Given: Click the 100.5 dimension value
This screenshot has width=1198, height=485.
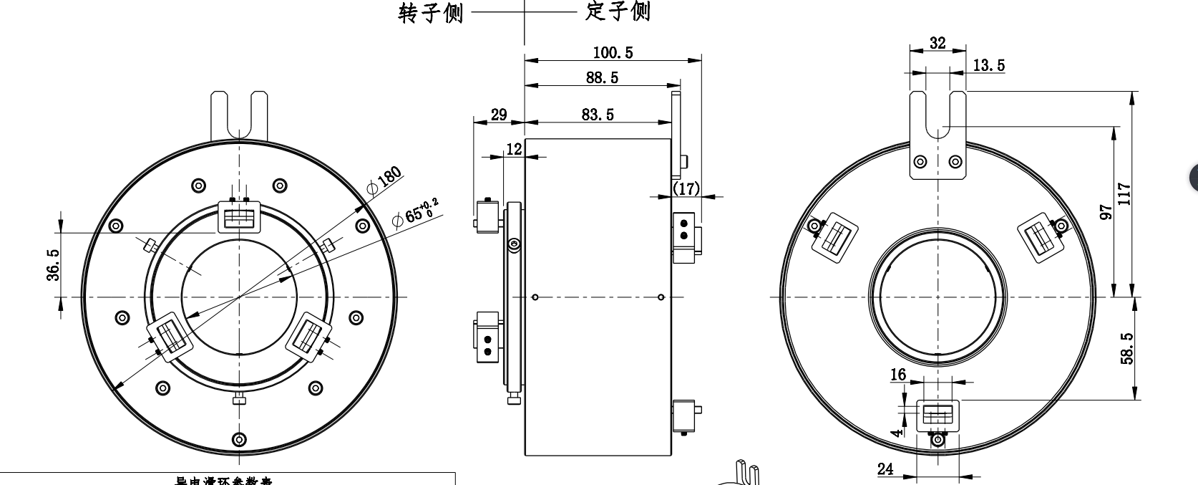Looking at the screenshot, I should click(x=613, y=52).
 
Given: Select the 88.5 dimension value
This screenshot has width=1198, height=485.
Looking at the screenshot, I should click(x=602, y=77).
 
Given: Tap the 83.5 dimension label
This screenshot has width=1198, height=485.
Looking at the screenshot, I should click(x=597, y=114).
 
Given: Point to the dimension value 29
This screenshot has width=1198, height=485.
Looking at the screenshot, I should click(x=498, y=114).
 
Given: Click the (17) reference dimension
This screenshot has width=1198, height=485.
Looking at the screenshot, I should click(x=686, y=188).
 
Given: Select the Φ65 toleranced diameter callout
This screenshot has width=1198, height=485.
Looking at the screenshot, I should click(x=414, y=212).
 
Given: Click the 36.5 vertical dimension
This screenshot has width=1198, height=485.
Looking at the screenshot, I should click(x=54, y=264).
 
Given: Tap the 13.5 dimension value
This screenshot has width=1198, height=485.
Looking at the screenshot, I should click(x=988, y=65).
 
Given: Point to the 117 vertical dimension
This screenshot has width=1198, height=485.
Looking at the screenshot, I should click(x=1124, y=193).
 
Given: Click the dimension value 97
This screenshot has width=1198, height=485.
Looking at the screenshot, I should click(x=1106, y=212).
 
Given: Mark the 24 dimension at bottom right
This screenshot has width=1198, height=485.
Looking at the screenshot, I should click(x=885, y=469).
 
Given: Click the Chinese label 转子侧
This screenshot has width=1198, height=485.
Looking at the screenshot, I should click(x=430, y=13).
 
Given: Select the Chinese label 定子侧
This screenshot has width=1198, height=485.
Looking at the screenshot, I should click(x=617, y=11).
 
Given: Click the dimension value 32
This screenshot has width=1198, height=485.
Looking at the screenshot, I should click(x=937, y=42).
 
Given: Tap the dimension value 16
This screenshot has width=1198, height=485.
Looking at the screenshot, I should click(x=898, y=375).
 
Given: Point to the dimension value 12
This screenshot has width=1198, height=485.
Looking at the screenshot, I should click(x=514, y=148).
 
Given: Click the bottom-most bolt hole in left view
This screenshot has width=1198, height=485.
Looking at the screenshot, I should click(x=240, y=438).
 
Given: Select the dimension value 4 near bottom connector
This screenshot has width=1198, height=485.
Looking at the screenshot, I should click(x=898, y=432).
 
